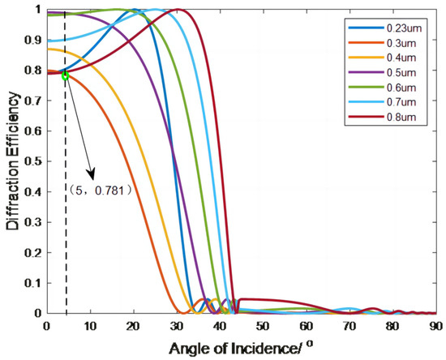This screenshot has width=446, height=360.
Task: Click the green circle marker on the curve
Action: pos(65,75)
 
